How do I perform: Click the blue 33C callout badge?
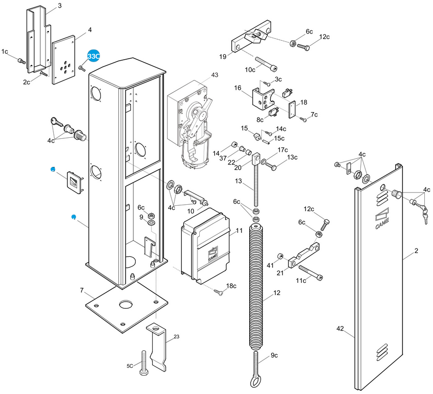93,56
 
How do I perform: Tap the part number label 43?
215,75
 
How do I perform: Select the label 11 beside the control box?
239,230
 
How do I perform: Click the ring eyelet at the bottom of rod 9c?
255,383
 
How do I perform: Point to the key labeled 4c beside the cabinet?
57,122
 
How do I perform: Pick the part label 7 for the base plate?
82,290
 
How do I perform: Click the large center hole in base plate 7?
126,305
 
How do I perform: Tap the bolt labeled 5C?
144,363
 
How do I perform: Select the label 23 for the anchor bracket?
176,337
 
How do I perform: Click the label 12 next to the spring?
277,293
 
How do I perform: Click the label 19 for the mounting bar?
223,57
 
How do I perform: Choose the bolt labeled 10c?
266,64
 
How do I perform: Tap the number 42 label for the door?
340,328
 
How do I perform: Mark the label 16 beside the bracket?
238,88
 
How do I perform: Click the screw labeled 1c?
21,61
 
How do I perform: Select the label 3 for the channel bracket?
60,6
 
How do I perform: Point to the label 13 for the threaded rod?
238,181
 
